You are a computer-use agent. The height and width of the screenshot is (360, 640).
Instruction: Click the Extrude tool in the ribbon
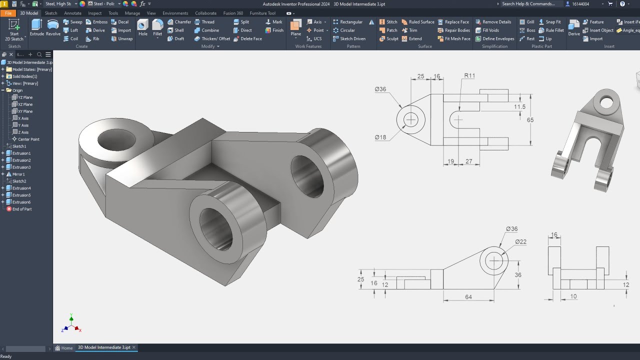click(37, 27)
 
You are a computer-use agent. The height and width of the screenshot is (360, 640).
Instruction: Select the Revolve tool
click(53, 27)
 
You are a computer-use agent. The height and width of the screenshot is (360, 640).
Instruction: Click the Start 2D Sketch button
click(14, 30)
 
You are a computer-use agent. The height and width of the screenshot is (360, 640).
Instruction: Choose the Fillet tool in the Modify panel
click(157, 27)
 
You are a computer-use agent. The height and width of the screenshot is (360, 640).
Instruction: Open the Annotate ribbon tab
click(72, 13)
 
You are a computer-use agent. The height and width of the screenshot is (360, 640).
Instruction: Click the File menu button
click(8, 13)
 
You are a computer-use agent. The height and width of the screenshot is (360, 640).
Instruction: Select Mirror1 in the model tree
click(18, 174)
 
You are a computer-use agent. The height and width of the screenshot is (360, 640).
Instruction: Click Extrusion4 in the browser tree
click(21, 188)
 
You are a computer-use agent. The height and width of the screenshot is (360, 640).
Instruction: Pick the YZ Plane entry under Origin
click(25, 97)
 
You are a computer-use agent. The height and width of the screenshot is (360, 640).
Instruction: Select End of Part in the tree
click(21, 209)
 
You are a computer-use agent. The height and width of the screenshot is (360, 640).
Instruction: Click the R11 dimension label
click(469, 76)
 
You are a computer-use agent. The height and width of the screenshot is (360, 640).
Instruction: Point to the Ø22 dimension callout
click(520, 242)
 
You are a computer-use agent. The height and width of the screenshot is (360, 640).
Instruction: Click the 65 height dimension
click(530, 120)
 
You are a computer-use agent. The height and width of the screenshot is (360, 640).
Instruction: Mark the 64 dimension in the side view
click(468, 297)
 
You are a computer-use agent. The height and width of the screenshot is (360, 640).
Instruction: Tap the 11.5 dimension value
click(519, 107)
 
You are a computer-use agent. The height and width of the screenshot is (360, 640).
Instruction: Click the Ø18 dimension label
click(380, 137)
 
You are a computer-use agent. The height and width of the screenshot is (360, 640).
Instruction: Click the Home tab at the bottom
click(64, 347)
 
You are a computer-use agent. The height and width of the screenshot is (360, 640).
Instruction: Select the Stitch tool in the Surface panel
click(388, 22)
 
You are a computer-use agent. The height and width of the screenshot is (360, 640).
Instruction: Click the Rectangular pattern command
click(351, 22)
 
